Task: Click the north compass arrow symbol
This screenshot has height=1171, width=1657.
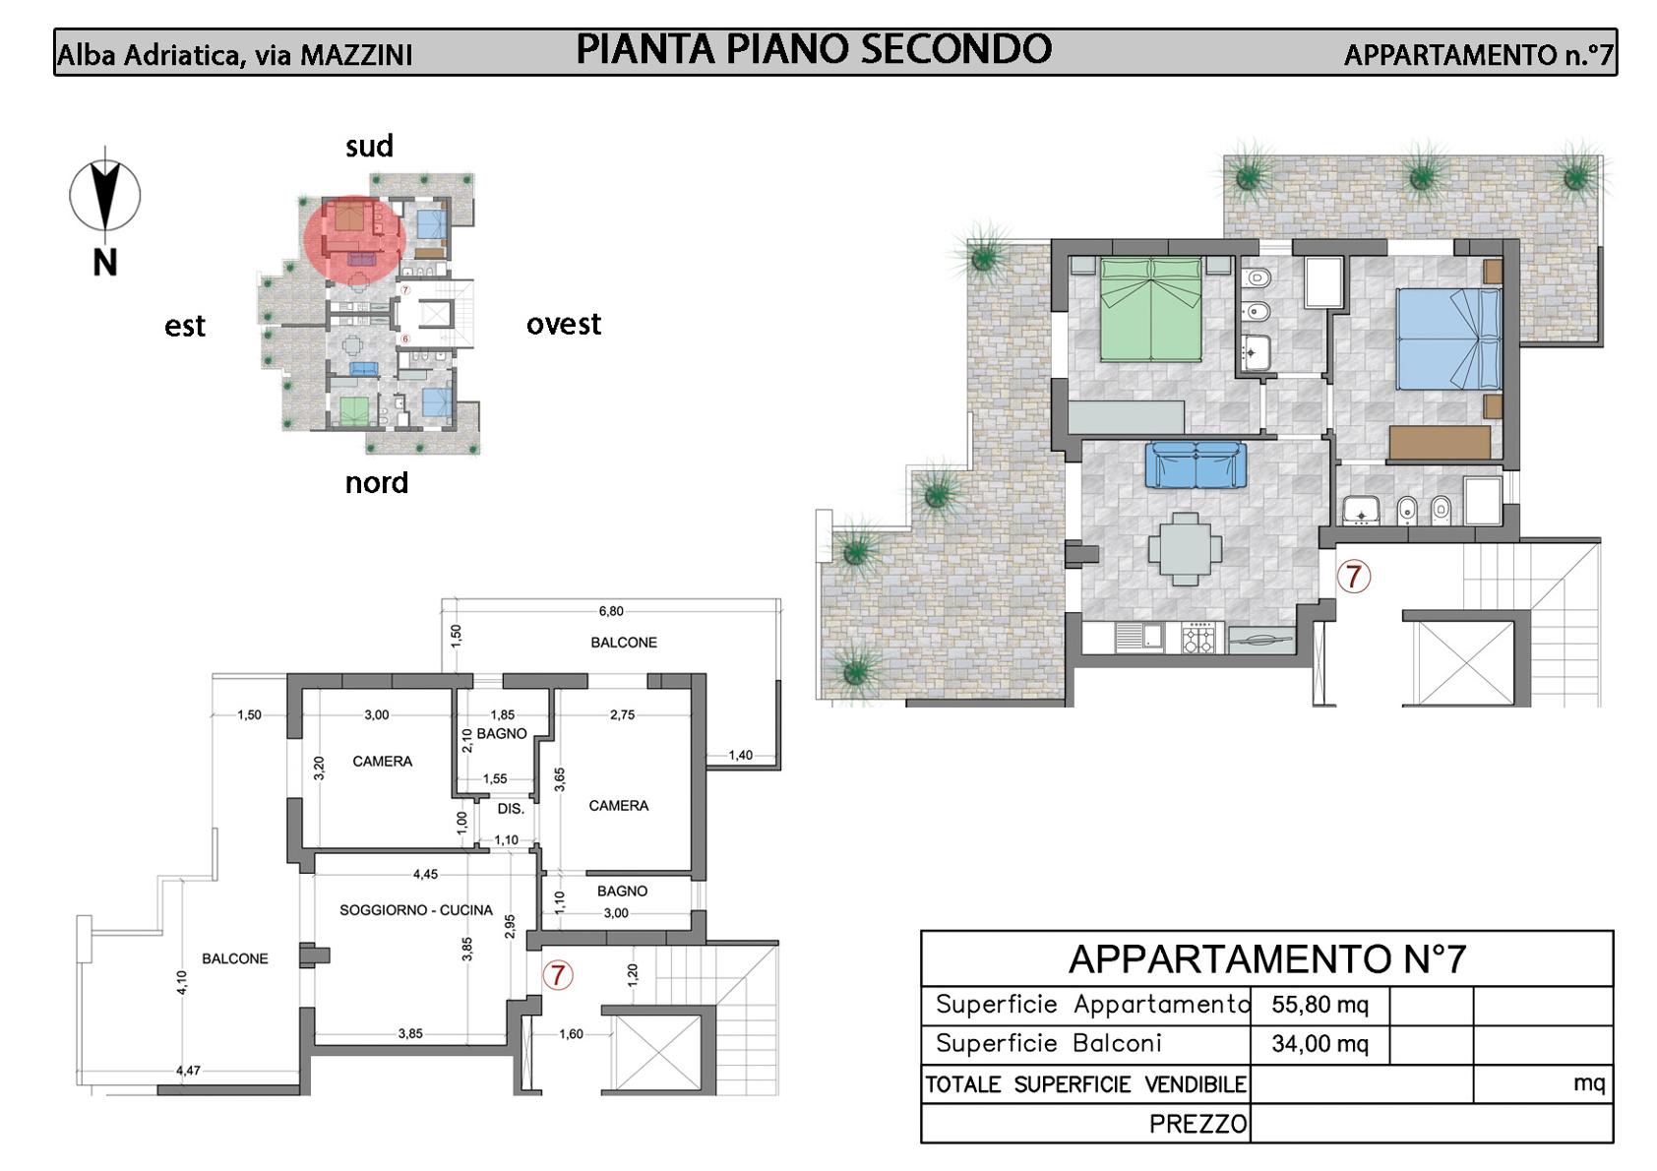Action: tap(104, 195)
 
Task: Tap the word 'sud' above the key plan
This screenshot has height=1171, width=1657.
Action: tap(369, 146)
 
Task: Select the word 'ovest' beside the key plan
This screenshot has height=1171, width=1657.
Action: tap(564, 324)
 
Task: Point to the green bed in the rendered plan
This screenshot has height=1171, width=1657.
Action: tap(1150, 309)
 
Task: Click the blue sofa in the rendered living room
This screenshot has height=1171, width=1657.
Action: tap(1196, 464)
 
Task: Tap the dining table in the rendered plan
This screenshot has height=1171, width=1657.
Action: tap(1185, 549)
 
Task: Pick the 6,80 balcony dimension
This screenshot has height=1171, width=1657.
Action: tap(611, 611)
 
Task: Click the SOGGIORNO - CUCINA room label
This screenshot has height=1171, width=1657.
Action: tap(416, 910)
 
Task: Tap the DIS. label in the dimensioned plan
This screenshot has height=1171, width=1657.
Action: tap(511, 809)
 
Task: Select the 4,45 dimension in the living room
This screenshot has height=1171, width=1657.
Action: tap(425, 875)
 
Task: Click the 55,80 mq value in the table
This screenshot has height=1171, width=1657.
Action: tap(1319, 1004)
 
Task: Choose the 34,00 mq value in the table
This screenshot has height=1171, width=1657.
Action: tap(1319, 1043)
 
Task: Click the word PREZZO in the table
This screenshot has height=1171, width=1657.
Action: tap(1197, 1124)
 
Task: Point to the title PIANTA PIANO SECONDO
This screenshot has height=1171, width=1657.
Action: tap(814, 49)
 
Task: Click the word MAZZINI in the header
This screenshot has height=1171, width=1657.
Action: tap(356, 55)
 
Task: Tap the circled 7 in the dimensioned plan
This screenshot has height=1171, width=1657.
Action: tap(558, 975)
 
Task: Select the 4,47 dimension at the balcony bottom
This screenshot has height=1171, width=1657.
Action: tap(188, 1070)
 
